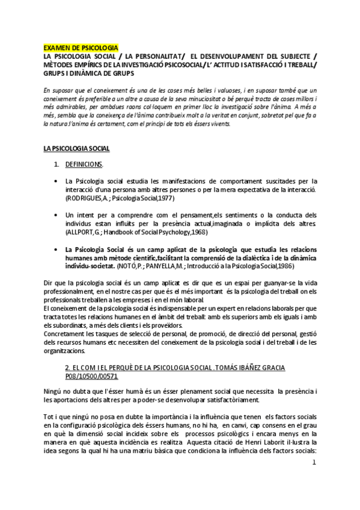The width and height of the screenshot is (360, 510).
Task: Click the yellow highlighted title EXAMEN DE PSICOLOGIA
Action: click(x=81, y=48)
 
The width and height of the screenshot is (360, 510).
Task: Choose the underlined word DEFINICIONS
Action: click(x=84, y=164)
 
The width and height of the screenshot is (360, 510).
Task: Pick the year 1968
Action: click(x=200, y=230)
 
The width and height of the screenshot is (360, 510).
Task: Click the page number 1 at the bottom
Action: click(x=314, y=463)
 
